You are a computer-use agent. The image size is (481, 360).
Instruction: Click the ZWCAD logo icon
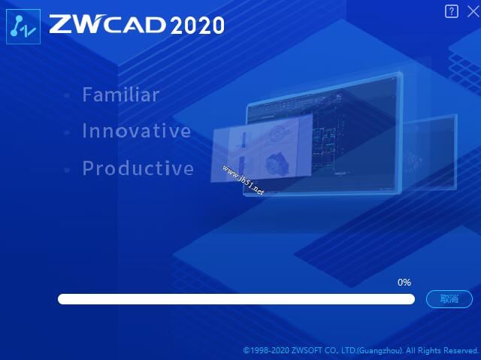click(23, 26)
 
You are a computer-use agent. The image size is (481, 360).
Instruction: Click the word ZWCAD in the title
click(107, 24)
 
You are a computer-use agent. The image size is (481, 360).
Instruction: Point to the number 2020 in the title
click(197, 25)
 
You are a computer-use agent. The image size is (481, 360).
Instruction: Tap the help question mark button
click(451, 12)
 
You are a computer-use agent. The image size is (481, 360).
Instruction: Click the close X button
click(473, 12)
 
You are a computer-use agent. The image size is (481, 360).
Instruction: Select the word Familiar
click(121, 95)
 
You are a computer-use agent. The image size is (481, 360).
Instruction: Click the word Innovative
click(137, 130)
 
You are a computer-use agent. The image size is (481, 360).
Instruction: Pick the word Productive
click(138, 168)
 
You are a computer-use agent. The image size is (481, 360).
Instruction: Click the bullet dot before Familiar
click(67, 95)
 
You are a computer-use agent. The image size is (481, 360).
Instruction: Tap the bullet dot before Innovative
click(67, 132)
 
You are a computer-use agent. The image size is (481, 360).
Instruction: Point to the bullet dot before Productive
click(67, 170)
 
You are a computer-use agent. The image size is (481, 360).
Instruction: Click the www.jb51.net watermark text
click(243, 180)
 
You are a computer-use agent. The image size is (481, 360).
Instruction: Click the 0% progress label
click(404, 283)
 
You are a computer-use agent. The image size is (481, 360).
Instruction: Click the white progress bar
click(236, 299)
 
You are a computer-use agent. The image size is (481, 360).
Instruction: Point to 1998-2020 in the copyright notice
click(270, 350)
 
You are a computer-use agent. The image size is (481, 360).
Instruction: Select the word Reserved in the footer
click(461, 350)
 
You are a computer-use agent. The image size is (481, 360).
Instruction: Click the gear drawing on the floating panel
click(277, 165)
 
